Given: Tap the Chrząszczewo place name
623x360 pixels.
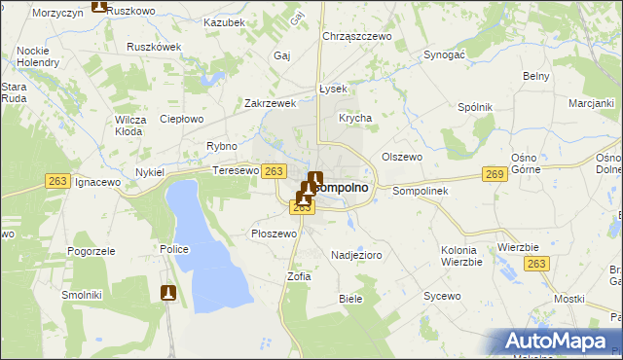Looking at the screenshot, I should click(356, 36).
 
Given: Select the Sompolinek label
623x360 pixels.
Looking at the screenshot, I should click(420, 191).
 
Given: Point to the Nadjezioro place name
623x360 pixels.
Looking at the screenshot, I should click(356, 253).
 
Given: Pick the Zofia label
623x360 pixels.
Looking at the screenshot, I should click(299, 276).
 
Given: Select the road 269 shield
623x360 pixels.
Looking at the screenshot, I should click(495, 173).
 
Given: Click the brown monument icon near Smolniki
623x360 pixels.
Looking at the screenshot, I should click(168, 292).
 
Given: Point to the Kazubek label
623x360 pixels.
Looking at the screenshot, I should click(225, 21).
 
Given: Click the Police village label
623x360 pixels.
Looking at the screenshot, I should click(174, 249).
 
